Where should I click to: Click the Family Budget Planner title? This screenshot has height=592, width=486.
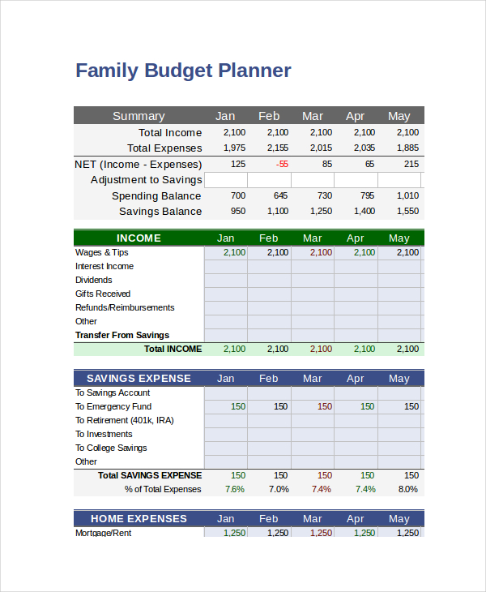tap(183, 71)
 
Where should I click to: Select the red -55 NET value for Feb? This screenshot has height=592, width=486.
tap(282, 164)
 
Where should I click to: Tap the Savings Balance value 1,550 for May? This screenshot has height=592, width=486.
tap(408, 212)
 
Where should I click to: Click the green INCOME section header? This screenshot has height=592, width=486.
tap(139, 238)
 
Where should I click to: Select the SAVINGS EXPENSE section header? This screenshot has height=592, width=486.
tap(139, 379)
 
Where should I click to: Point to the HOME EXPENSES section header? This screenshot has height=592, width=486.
tap(139, 519)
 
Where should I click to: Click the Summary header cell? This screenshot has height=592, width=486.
tap(139, 116)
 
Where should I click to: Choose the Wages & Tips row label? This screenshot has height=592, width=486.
tap(102, 253)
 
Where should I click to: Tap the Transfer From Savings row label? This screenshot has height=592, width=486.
tap(122, 336)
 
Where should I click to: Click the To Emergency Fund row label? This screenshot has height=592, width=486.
tap(113, 407)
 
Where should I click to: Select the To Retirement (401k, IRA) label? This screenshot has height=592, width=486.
tap(125, 421)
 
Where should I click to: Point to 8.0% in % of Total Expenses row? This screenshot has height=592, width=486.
tap(408, 490)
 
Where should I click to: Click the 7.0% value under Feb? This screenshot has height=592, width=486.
tap(279, 490)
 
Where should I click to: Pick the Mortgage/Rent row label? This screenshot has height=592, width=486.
tap(104, 533)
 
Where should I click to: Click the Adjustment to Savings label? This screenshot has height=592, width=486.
tap(146, 180)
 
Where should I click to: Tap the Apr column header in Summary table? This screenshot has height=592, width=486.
tap(356, 116)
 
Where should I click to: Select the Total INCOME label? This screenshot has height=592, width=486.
tap(173, 350)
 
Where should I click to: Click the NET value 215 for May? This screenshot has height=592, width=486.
tap(411, 164)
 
